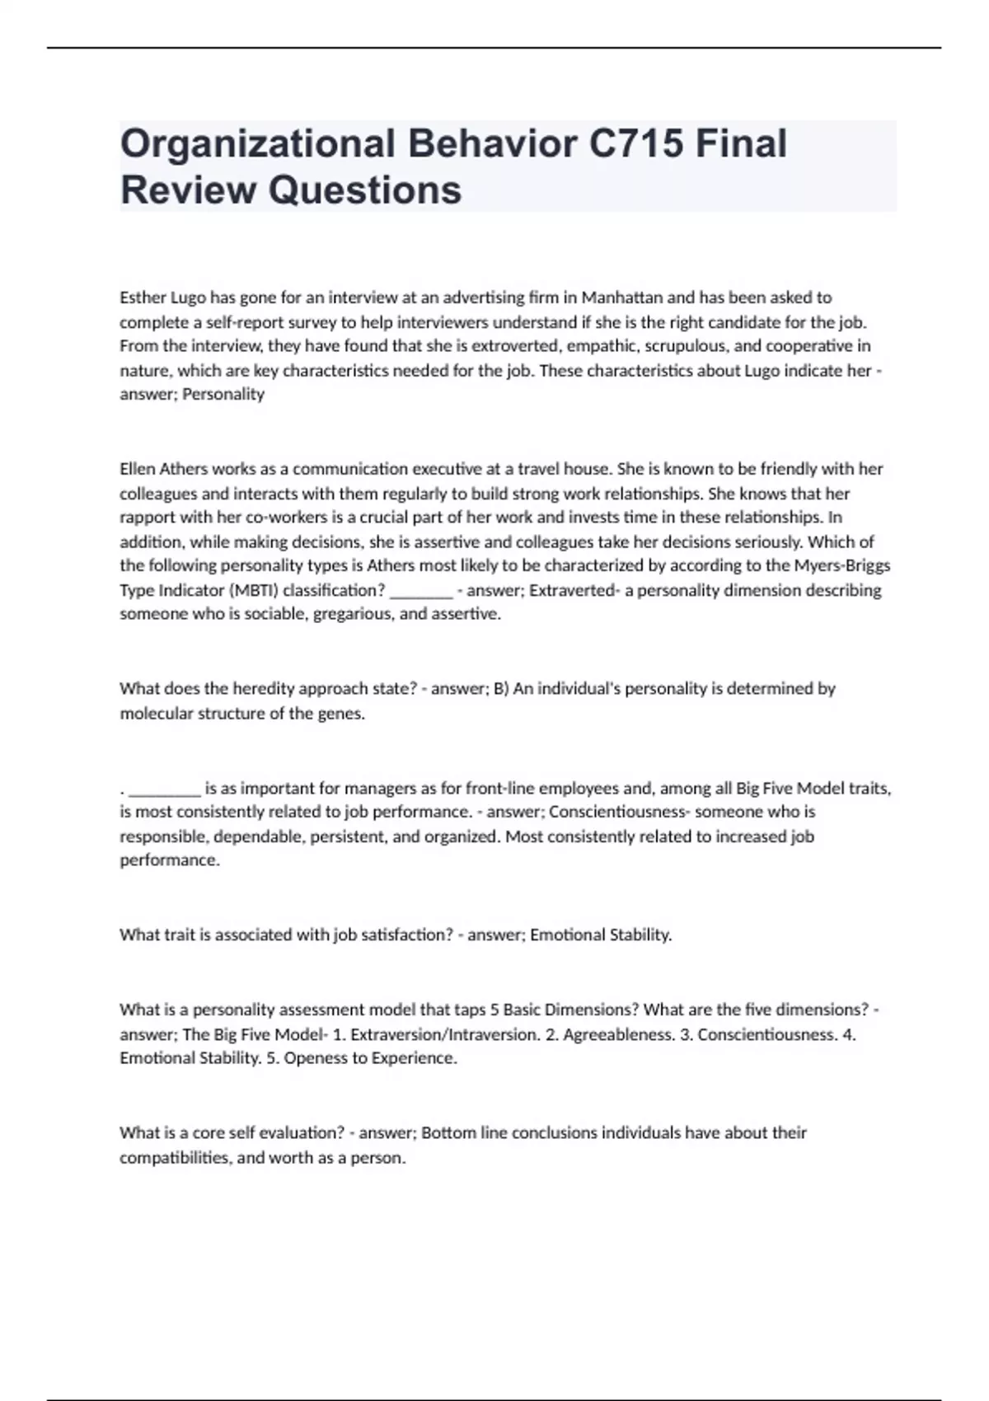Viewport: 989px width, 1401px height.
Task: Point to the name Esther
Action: click(143, 298)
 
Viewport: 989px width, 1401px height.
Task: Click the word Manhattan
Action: click(617, 298)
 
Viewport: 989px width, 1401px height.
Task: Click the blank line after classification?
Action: click(420, 593)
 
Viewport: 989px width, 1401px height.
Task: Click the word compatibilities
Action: click(176, 1158)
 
